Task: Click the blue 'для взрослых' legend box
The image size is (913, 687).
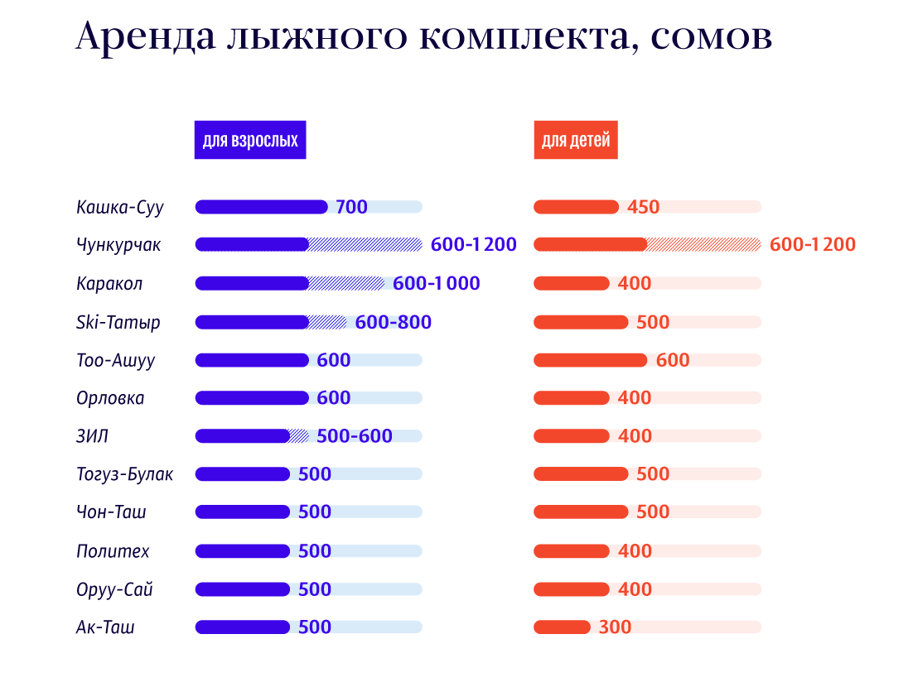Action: click(250, 140)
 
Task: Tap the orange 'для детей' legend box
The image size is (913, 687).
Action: click(576, 140)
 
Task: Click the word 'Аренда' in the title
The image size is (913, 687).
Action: click(146, 36)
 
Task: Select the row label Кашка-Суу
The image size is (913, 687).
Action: click(120, 208)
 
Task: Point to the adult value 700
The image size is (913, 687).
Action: click(351, 206)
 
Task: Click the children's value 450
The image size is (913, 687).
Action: click(644, 206)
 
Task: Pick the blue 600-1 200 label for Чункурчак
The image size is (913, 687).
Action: click(473, 244)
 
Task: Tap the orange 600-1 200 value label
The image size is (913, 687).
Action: click(813, 244)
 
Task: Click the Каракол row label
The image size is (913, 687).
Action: click(109, 283)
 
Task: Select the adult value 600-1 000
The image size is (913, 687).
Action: click(437, 283)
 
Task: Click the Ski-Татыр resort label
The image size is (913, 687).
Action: click(118, 322)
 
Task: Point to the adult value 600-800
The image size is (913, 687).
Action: click(394, 322)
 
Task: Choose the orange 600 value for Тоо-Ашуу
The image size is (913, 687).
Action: click(673, 360)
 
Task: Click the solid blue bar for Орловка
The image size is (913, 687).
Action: click(252, 398)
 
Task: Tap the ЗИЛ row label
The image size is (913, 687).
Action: click(92, 436)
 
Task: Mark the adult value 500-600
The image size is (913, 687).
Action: click(355, 435)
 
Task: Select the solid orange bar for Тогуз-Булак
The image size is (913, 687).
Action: click(581, 474)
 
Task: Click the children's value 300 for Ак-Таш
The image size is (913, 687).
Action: click(615, 627)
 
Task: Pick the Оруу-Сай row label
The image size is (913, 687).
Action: click(114, 590)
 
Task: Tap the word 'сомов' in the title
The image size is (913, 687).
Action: click(712, 37)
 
